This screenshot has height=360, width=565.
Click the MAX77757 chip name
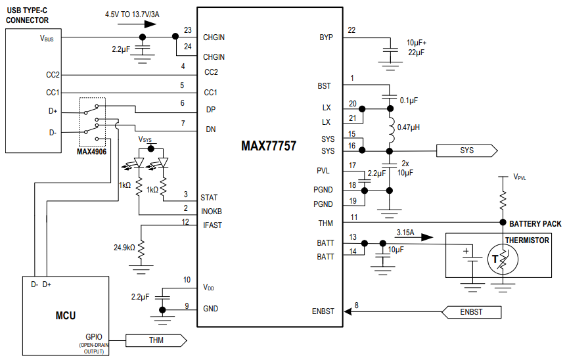point(269,146)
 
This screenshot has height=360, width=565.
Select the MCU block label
point(65,316)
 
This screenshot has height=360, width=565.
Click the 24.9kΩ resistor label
point(124,248)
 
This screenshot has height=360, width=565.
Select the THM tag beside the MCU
point(156,340)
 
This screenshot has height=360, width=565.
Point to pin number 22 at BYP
point(352,30)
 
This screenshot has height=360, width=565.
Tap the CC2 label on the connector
point(53,75)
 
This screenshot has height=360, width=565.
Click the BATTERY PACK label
point(535,224)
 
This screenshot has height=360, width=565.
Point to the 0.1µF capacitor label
point(409,101)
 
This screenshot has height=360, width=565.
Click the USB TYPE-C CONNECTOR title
point(28,16)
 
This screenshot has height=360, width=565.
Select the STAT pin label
point(210,197)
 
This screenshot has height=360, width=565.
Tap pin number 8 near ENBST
point(357,305)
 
